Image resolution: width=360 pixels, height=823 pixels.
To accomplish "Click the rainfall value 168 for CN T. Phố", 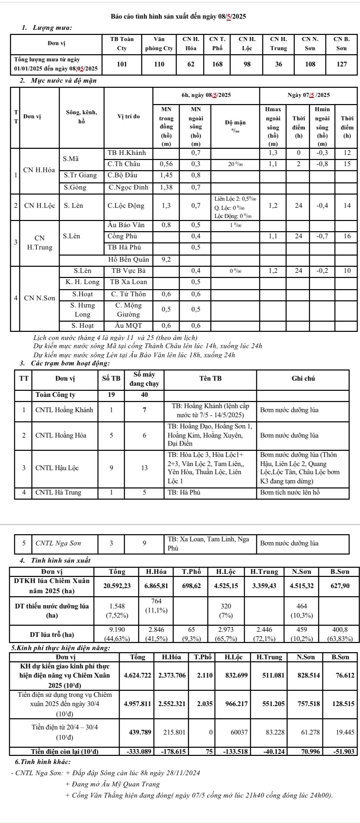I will pyautogui.click(x=217, y=64).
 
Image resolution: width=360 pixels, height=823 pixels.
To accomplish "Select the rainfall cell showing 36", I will pyautogui.click(x=278, y=64).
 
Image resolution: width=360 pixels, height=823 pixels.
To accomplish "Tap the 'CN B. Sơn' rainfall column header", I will pyautogui.click(x=341, y=44).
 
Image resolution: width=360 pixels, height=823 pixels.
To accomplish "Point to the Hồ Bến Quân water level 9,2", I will pyautogui.click(x=166, y=260).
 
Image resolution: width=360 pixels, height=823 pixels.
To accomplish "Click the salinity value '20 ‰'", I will pyautogui.click(x=235, y=164).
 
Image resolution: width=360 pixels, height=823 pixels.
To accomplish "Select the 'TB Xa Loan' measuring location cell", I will pyautogui.click(x=128, y=282).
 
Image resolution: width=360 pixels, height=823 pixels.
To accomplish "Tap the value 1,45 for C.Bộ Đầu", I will pyautogui.click(x=166, y=175).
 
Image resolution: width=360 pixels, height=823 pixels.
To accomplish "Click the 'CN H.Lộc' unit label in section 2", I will pyautogui.click(x=40, y=206).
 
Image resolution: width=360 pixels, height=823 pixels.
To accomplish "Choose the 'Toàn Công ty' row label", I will pyautogui.click(x=55, y=395).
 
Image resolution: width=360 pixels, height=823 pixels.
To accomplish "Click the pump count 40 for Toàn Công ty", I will pyautogui.click(x=144, y=395).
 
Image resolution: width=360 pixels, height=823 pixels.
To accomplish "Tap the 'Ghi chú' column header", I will pyautogui.click(x=303, y=379).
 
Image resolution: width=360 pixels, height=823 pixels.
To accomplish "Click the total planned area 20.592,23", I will pyautogui.click(x=117, y=586).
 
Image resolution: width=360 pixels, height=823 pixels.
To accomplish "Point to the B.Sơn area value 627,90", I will pyautogui.click(x=340, y=586).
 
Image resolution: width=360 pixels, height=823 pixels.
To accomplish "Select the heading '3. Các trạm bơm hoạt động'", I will pyautogui.click(x=65, y=363).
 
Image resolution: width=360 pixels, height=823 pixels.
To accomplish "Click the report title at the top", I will pyautogui.click(x=179, y=16).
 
